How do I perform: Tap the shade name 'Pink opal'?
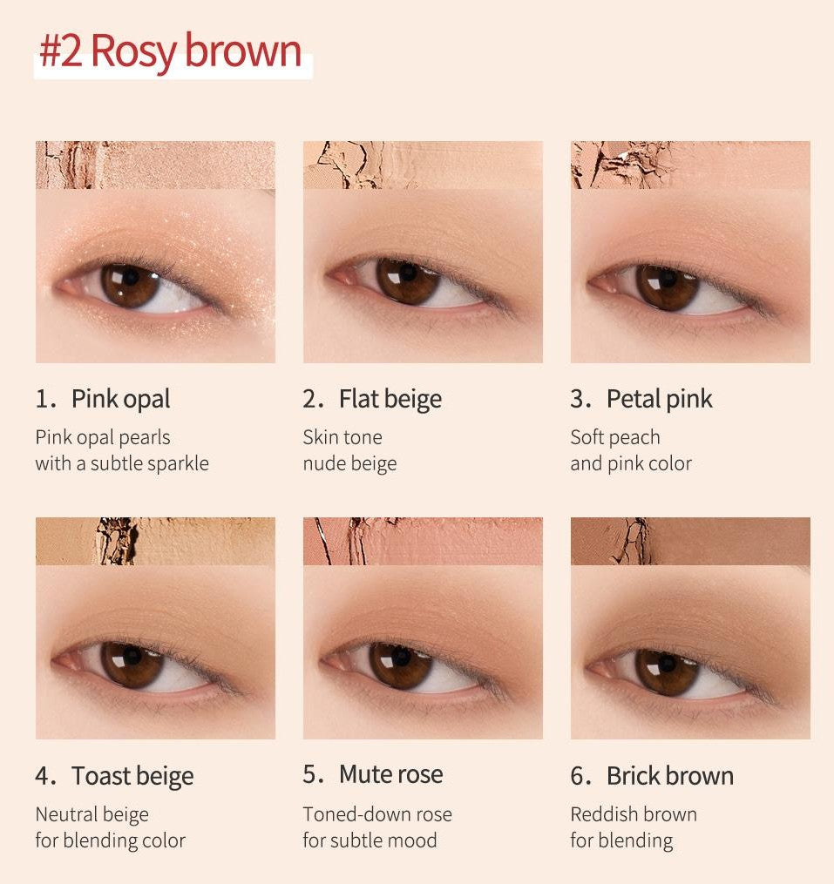click(121, 399)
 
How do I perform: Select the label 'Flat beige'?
click(390, 399)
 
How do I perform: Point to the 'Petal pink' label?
click(659, 399)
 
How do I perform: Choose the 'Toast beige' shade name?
click(132, 776)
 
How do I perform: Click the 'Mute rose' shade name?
click(391, 774)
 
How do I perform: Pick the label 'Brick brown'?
click(670, 776)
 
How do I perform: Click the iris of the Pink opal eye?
click(130, 286)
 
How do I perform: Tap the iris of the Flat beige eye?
click(407, 280)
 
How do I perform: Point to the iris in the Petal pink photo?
click(668, 287)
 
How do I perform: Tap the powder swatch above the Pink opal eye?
click(155, 165)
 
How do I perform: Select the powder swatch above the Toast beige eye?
click(155, 541)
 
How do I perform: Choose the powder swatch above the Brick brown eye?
click(691, 541)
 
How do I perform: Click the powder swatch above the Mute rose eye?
click(423, 541)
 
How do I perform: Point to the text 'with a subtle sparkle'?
click(122, 463)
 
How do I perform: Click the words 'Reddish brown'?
click(634, 814)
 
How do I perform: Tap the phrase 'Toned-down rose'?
click(377, 814)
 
